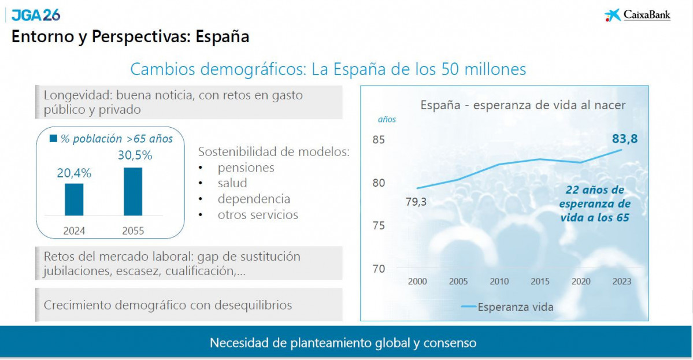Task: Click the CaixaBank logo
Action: [x=638, y=15]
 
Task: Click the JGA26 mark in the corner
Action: [x=36, y=15]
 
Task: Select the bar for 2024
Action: [x=74, y=199]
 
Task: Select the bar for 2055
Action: [x=133, y=191]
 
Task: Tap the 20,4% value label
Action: [x=74, y=173]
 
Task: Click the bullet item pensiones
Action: [x=246, y=168]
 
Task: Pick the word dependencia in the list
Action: [x=254, y=199]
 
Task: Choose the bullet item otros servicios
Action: [x=258, y=215]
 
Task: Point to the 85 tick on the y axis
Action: [x=379, y=140]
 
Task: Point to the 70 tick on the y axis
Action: [x=379, y=269]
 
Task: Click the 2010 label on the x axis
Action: [x=499, y=281]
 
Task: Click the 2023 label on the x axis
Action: [x=621, y=281]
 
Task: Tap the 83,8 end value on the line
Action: [x=628, y=139]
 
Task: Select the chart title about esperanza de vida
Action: [x=523, y=105]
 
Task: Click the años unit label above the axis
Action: [x=387, y=120]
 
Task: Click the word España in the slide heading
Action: [x=223, y=37]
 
